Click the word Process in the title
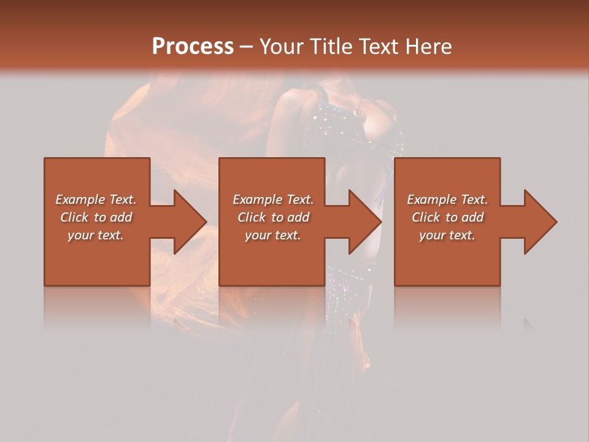click(x=193, y=47)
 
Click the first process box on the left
click(x=97, y=258)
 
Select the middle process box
click(x=272, y=258)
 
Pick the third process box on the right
click(x=447, y=258)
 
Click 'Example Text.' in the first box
click(x=96, y=200)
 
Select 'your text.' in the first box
click(x=96, y=235)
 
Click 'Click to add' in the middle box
click(x=273, y=217)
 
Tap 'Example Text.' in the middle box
click(x=273, y=200)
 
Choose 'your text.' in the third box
click(x=447, y=235)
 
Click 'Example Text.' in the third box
click(x=447, y=200)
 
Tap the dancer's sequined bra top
click(x=344, y=123)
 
